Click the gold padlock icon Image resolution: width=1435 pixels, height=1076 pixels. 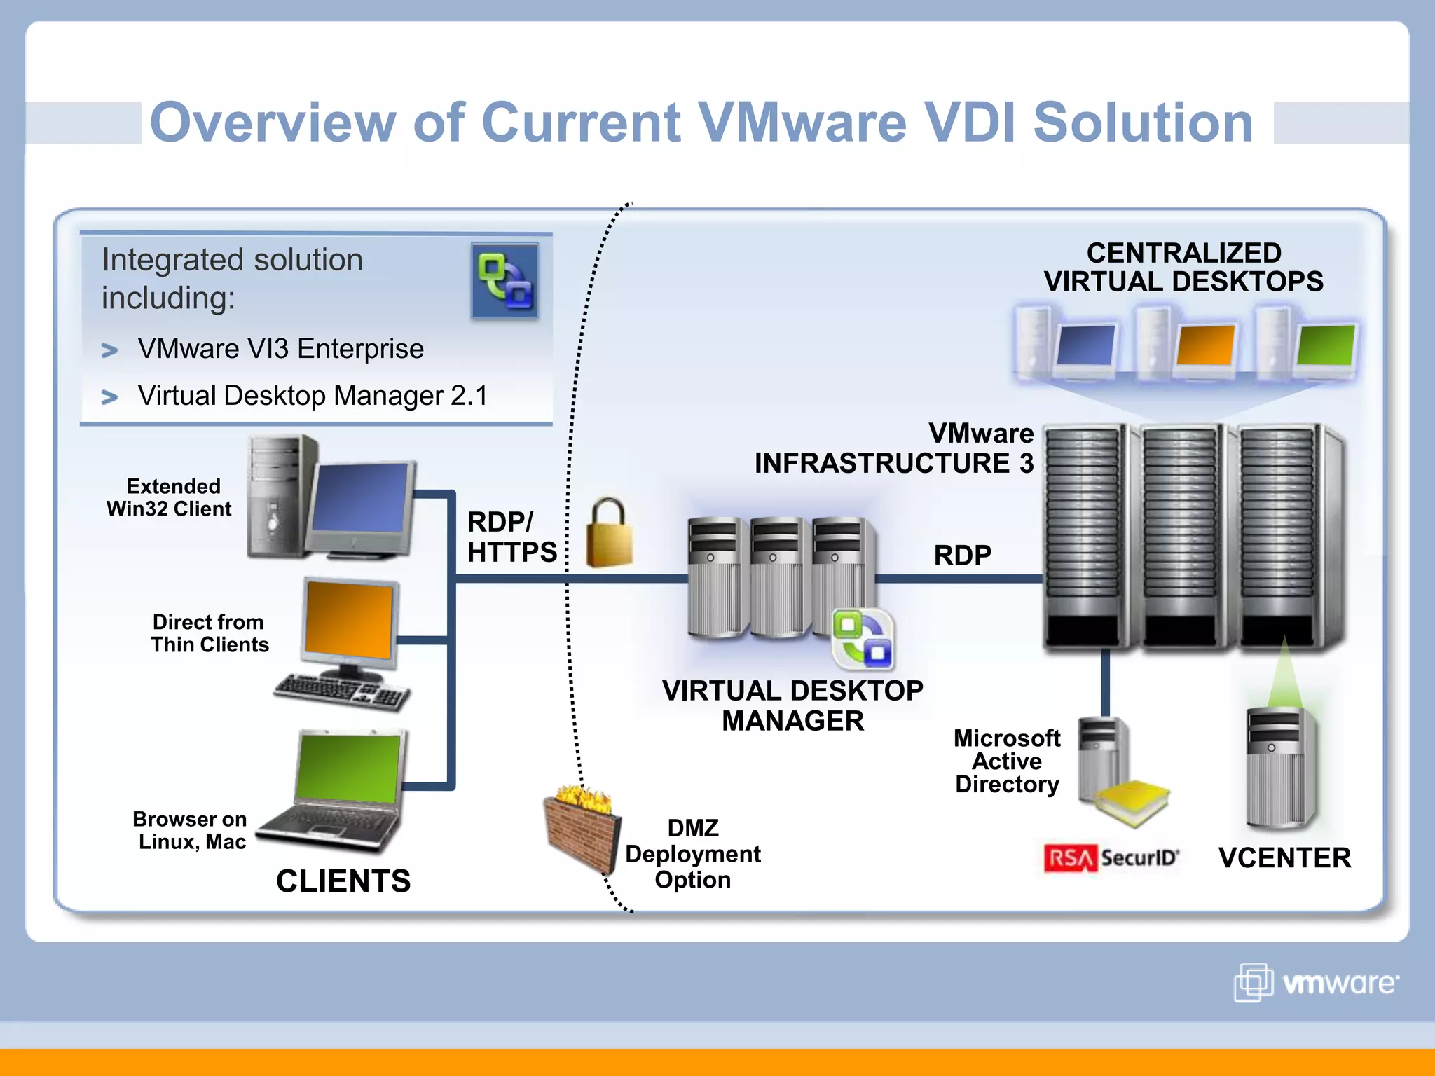click(x=608, y=534)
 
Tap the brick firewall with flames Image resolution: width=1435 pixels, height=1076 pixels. click(x=582, y=831)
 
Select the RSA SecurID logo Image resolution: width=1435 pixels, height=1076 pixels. click(x=1111, y=858)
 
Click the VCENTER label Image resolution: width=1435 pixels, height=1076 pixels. click(x=1284, y=858)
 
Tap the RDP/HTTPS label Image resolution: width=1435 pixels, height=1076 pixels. click(x=511, y=537)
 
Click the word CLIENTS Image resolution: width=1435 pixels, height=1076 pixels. click(x=343, y=881)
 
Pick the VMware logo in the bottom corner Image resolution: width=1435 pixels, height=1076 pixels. click(x=1317, y=983)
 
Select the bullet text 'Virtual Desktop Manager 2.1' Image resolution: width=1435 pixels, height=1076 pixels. click(x=313, y=396)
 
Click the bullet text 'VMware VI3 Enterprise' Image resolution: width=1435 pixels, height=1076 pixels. click(x=280, y=349)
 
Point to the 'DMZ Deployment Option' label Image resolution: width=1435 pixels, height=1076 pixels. click(x=692, y=854)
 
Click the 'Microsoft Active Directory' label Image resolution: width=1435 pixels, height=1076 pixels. click(x=1007, y=761)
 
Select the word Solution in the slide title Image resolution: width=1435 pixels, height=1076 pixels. click(x=1143, y=123)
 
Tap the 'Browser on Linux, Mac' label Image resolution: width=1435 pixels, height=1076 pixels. click(x=191, y=830)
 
